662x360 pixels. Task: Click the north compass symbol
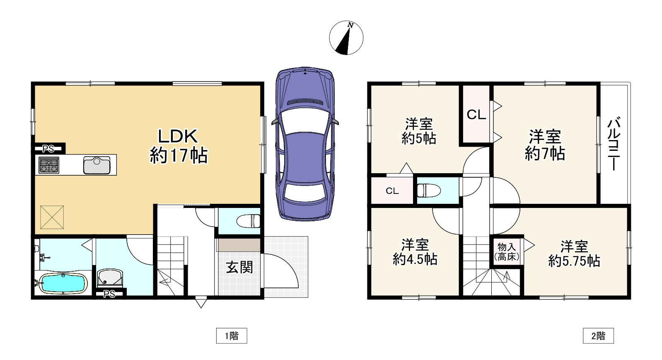[x=346, y=38]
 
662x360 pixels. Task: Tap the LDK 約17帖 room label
[x=178, y=146]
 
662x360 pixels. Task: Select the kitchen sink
[x=97, y=165]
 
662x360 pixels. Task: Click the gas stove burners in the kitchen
[x=49, y=165]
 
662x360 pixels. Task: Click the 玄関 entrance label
[x=239, y=267]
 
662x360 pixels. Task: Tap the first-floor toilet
[x=249, y=221]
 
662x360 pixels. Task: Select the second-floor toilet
[x=428, y=190]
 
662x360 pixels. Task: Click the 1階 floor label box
[x=232, y=336]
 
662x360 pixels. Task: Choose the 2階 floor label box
[x=598, y=336]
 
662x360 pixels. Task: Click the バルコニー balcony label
[x=613, y=144]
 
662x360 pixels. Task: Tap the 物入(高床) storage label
[x=507, y=251]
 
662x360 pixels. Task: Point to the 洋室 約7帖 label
[x=545, y=145]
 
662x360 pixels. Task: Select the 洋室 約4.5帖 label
[x=415, y=252]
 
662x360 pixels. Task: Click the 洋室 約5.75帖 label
[x=574, y=254]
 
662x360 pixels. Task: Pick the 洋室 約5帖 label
[x=419, y=131]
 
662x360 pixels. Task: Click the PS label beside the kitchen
[x=48, y=149]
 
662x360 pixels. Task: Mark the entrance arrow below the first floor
[x=201, y=303]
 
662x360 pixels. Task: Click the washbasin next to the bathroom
[x=110, y=277]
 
